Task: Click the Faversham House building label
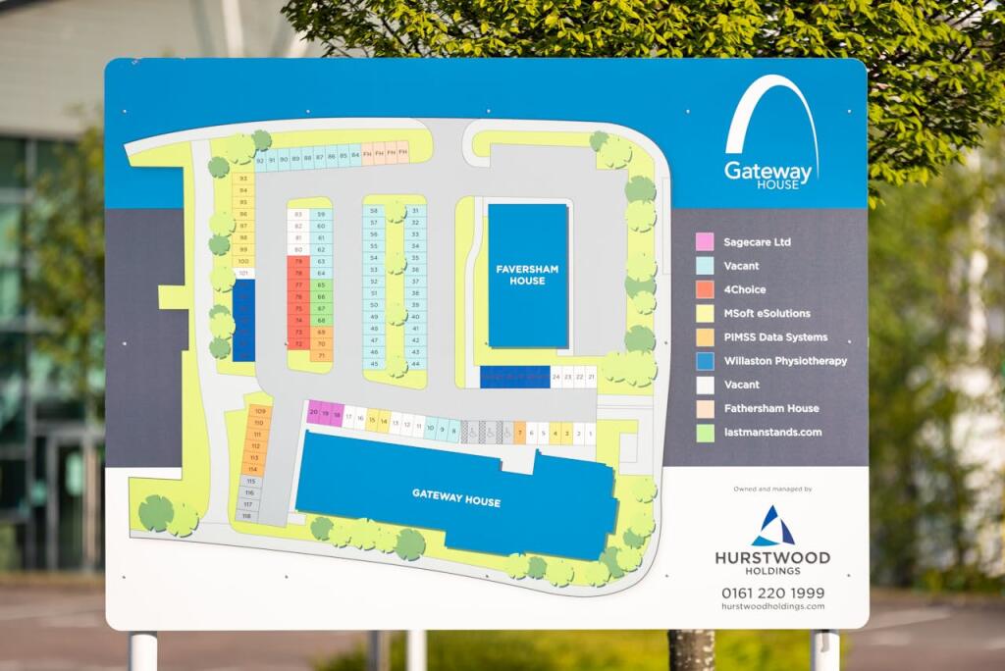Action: coord(520,275)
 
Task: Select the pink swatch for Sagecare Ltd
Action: coord(705,241)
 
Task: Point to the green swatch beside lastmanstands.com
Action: coord(705,433)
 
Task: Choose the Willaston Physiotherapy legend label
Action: coord(784,361)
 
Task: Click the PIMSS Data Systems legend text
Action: coord(774,337)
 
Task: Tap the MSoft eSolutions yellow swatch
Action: coord(705,313)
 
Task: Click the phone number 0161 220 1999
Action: coord(772,593)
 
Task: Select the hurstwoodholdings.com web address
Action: coord(772,607)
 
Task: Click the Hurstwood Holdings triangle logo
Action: coord(772,527)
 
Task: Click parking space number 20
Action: coord(314,413)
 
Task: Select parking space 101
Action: coord(243,273)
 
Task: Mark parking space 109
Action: coord(259,410)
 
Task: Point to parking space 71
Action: coord(321,356)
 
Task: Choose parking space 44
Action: coord(415,364)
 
